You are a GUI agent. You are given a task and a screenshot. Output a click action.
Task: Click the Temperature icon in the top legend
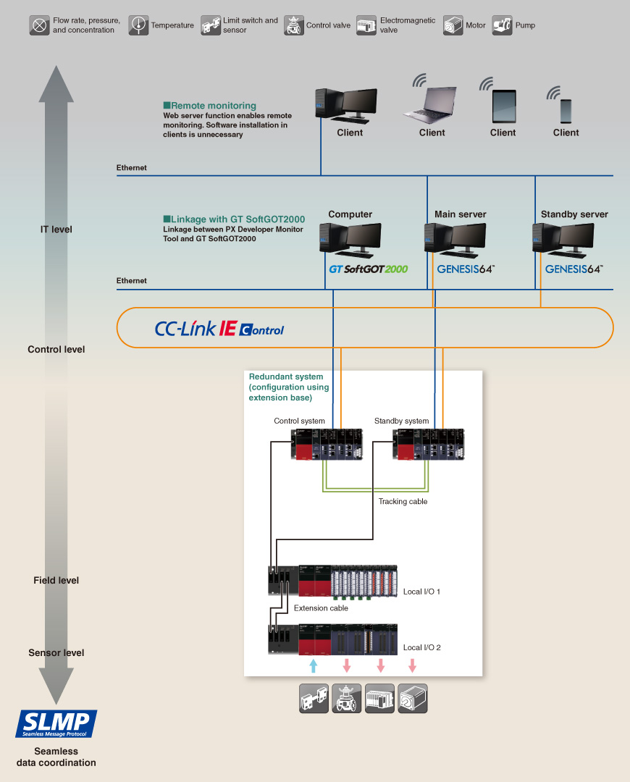click(x=138, y=25)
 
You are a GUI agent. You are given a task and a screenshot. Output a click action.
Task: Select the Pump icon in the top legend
click(x=502, y=25)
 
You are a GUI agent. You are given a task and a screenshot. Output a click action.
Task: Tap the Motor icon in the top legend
click(x=453, y=25)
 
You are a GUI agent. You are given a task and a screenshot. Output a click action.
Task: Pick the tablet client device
click(x=503, y=106)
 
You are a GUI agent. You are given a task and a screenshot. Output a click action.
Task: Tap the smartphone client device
click(x=566, y=110)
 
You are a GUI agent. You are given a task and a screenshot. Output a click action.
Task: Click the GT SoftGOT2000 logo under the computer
click(x=369, y=269)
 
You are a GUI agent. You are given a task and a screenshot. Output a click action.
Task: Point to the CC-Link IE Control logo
click(x=219, y=329)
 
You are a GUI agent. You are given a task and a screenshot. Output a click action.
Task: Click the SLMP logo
click(x=56, y=723)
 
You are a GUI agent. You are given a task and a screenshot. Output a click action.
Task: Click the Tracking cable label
click(x=403, y=501)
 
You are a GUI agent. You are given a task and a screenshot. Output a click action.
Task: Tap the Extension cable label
click(x=321, y=608)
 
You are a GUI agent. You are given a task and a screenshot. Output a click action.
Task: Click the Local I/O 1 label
click(x=421, y=592)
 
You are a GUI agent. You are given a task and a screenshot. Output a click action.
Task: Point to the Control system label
click(x=300, y=421)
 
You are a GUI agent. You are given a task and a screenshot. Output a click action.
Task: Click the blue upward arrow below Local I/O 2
click(x=313, y=665)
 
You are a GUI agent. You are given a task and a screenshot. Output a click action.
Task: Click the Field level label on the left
click(x=56, y=580)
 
